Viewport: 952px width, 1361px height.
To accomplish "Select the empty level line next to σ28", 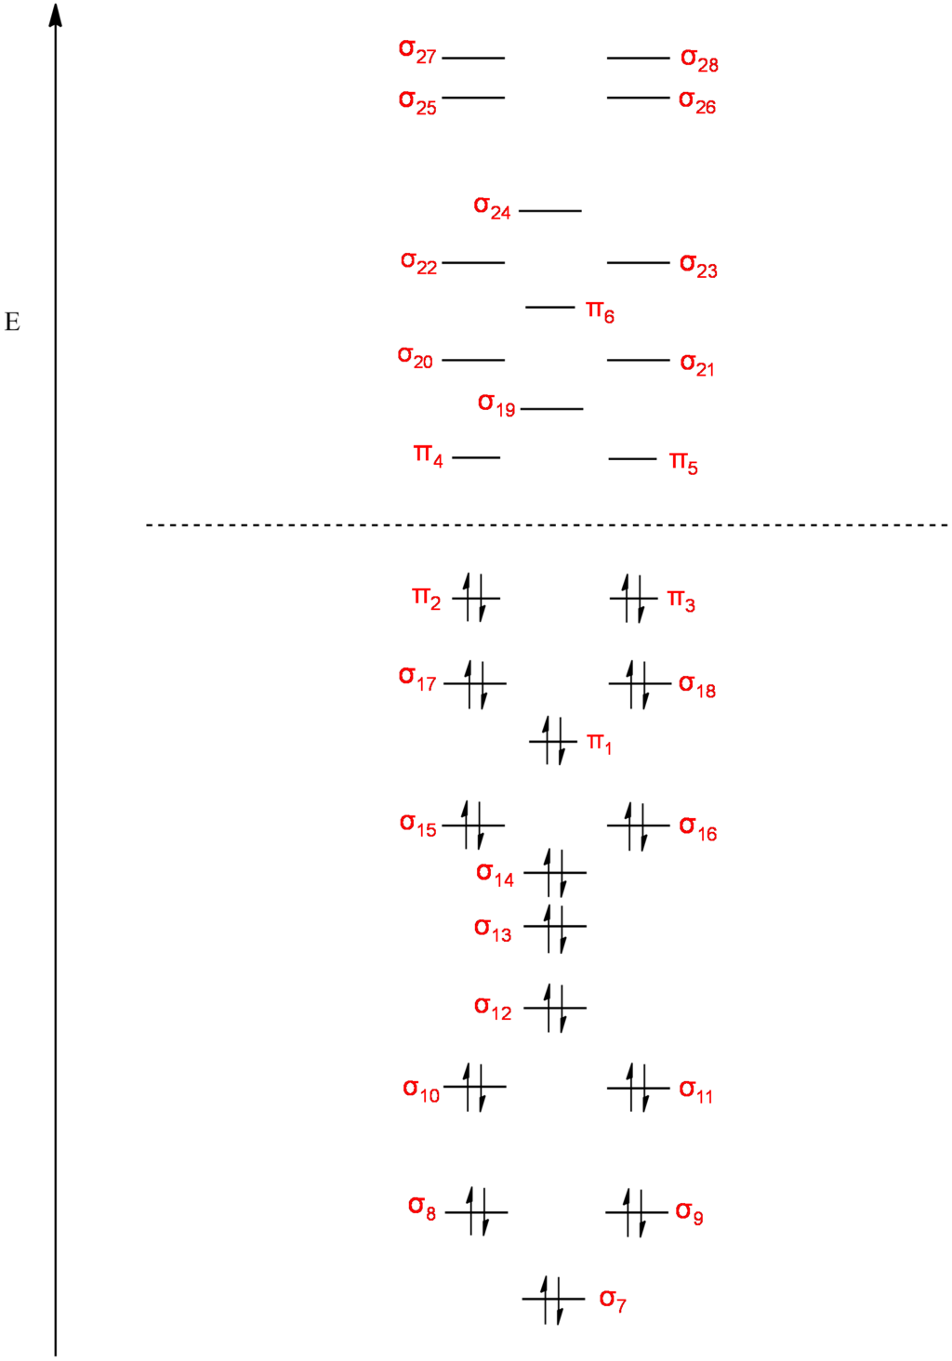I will click(639, 59).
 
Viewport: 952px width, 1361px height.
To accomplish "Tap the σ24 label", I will click(492, 207).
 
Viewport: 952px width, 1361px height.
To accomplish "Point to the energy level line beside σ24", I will click(549, 211).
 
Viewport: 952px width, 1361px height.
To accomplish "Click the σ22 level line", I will click(473, 263).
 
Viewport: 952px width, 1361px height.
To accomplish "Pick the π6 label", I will click(600, 311).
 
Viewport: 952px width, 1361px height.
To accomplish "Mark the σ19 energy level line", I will click(552, 408).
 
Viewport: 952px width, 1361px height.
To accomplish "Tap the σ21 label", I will click(697, 363).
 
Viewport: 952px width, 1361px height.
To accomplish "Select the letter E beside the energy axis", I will click(13, 323).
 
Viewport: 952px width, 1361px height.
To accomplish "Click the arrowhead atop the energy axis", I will click(56, 14).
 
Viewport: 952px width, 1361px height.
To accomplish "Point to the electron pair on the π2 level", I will click(475, 598).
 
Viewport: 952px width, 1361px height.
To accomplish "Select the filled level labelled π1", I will click(553, 741).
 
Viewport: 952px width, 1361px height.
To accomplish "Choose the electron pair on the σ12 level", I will click(554, 1007).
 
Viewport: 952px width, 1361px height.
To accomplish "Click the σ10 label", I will click(421, 1090).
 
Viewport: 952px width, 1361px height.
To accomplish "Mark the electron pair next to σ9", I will click(637, 1211).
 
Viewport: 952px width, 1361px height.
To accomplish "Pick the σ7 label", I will click(613, 1300).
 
